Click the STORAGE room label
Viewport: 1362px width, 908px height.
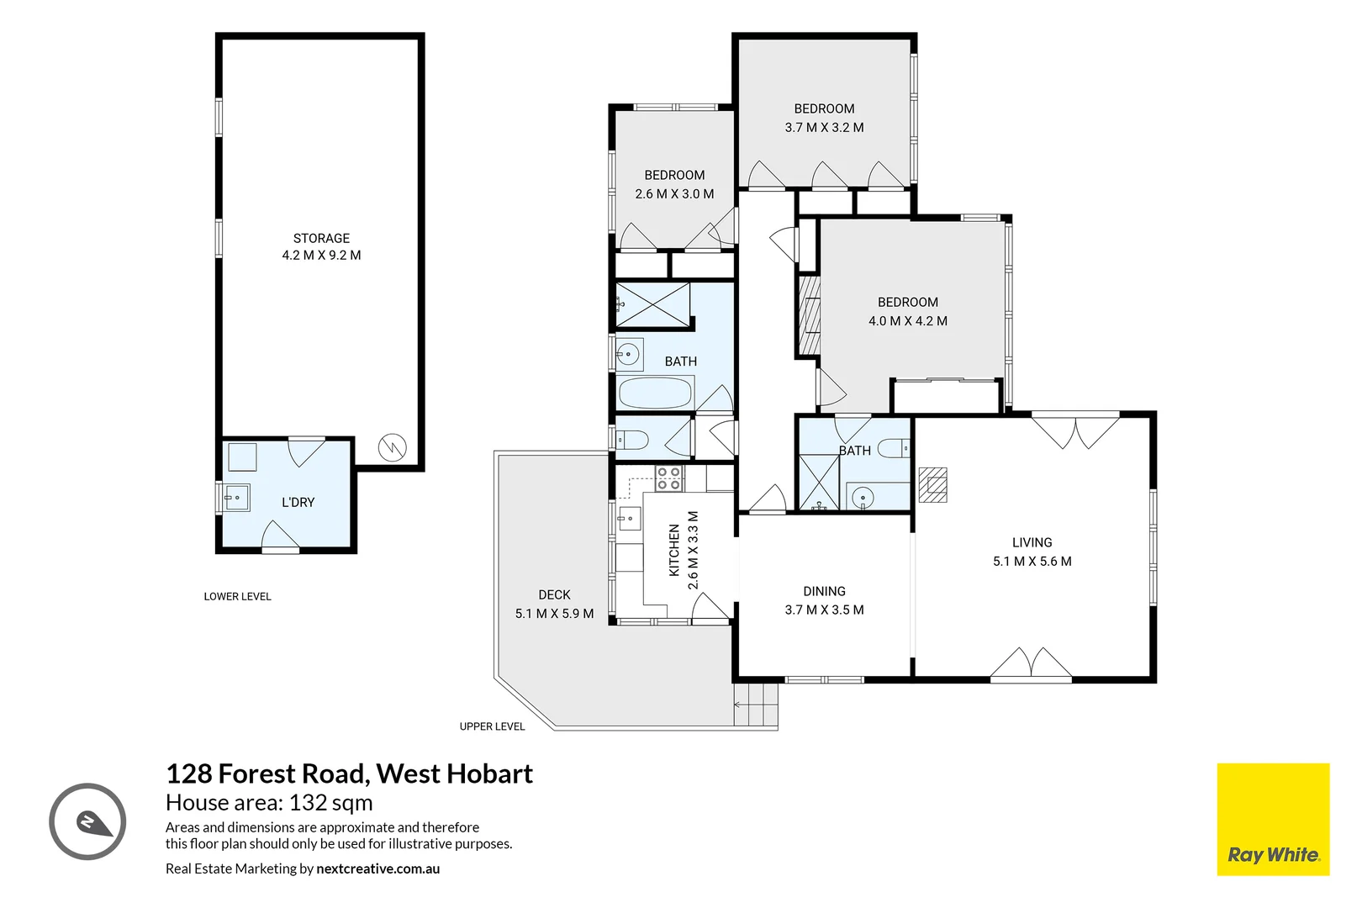(321, 238)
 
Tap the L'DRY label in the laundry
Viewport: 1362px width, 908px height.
(298, 502)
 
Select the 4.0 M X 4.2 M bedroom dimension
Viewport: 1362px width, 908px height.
(907, 321)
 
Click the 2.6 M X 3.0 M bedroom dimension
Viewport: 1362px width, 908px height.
(674, 194)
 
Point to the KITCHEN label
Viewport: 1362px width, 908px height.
(673, 551)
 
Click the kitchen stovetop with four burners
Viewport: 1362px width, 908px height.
(668, 479)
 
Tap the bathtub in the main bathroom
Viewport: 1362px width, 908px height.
(655, 393)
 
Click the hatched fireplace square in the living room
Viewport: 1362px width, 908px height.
(932, 484)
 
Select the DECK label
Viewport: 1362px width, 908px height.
(554, 594)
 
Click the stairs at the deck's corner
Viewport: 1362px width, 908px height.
(756, 705)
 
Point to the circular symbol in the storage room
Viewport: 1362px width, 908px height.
(392, 446)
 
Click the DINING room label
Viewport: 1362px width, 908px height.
(824, 591)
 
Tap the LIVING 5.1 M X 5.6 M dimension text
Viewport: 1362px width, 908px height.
(1032, 562)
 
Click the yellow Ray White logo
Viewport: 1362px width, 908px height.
(1273, 819)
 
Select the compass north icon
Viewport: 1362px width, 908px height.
(87, 821)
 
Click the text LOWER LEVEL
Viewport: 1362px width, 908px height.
(237, 596)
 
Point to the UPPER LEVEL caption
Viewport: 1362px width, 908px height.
(492, 726)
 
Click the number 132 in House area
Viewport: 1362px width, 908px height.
(308, 803)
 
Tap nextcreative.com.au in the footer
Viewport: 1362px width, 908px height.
(377, 868)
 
